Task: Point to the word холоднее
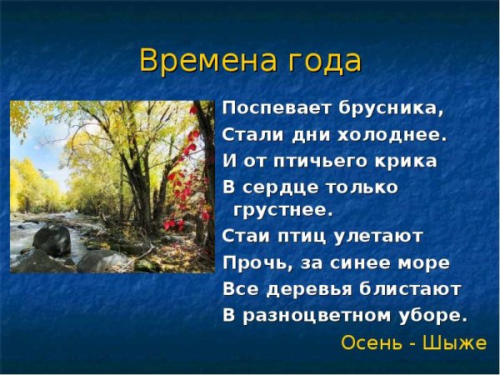(392, 134)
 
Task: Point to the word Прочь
(250, 262)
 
